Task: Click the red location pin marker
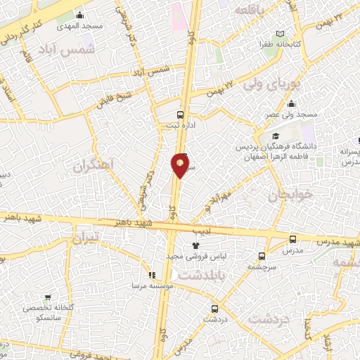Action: pyautogui.click(x=180, y=165)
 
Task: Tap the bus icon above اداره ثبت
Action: pyautogui.click(x=180, y=114)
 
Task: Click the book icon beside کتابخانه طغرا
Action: pyautogui.click(x=281, y=34)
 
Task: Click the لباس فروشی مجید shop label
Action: pyautogui.click(x=188, y=257)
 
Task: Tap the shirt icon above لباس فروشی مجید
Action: pyautogui.click(x=187, y=245)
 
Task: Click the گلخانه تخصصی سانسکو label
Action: pyautogui.click(x=49, y=312)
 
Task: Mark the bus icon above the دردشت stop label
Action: pyautogui.click(x=214, y=308)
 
